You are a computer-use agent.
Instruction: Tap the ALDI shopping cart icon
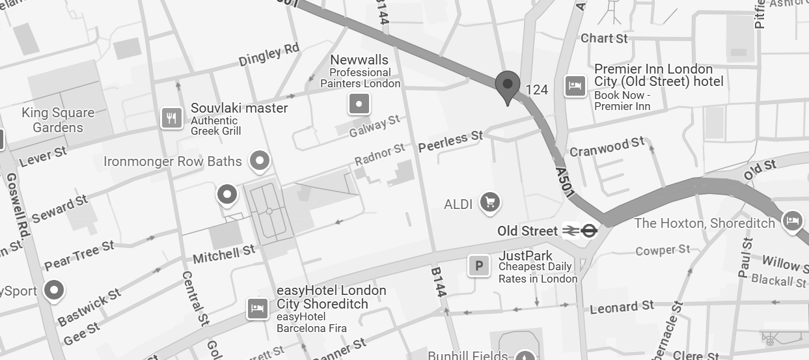coord(489,202)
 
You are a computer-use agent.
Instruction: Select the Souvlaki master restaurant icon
coord(171,118)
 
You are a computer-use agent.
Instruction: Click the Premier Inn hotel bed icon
coord(575,86)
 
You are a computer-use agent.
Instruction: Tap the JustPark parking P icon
coord(479,266)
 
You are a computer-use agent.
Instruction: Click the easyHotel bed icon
coord(258,308)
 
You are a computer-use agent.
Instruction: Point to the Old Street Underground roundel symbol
coord(589,230)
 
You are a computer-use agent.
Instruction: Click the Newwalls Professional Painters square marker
coord(359,104)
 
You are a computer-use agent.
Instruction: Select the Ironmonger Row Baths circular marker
coord(260,160)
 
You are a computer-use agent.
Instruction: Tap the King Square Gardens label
coord(58,120)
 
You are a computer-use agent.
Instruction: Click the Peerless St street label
coord(450,140)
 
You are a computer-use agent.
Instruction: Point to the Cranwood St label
coord(607,147)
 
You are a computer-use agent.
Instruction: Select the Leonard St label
coord(622,307)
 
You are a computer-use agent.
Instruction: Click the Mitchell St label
coord(224,254)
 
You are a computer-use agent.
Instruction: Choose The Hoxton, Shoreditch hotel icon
coord(792,221)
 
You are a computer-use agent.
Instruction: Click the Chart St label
coord(604,38)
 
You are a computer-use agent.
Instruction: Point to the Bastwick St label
coord(90,308)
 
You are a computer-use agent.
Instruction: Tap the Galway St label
coord(375,126)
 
